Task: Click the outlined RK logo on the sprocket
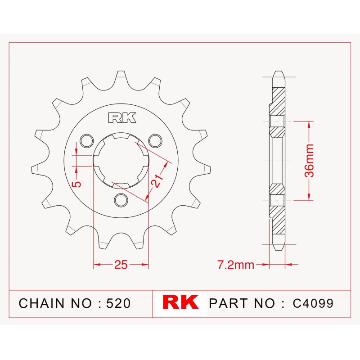122,117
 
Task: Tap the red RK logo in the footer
180,302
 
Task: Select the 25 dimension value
121,265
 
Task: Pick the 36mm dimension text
309,161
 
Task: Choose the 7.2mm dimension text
236,265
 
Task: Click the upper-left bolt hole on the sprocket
87,140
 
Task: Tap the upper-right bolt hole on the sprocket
155,140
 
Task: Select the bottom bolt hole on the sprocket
121,200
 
